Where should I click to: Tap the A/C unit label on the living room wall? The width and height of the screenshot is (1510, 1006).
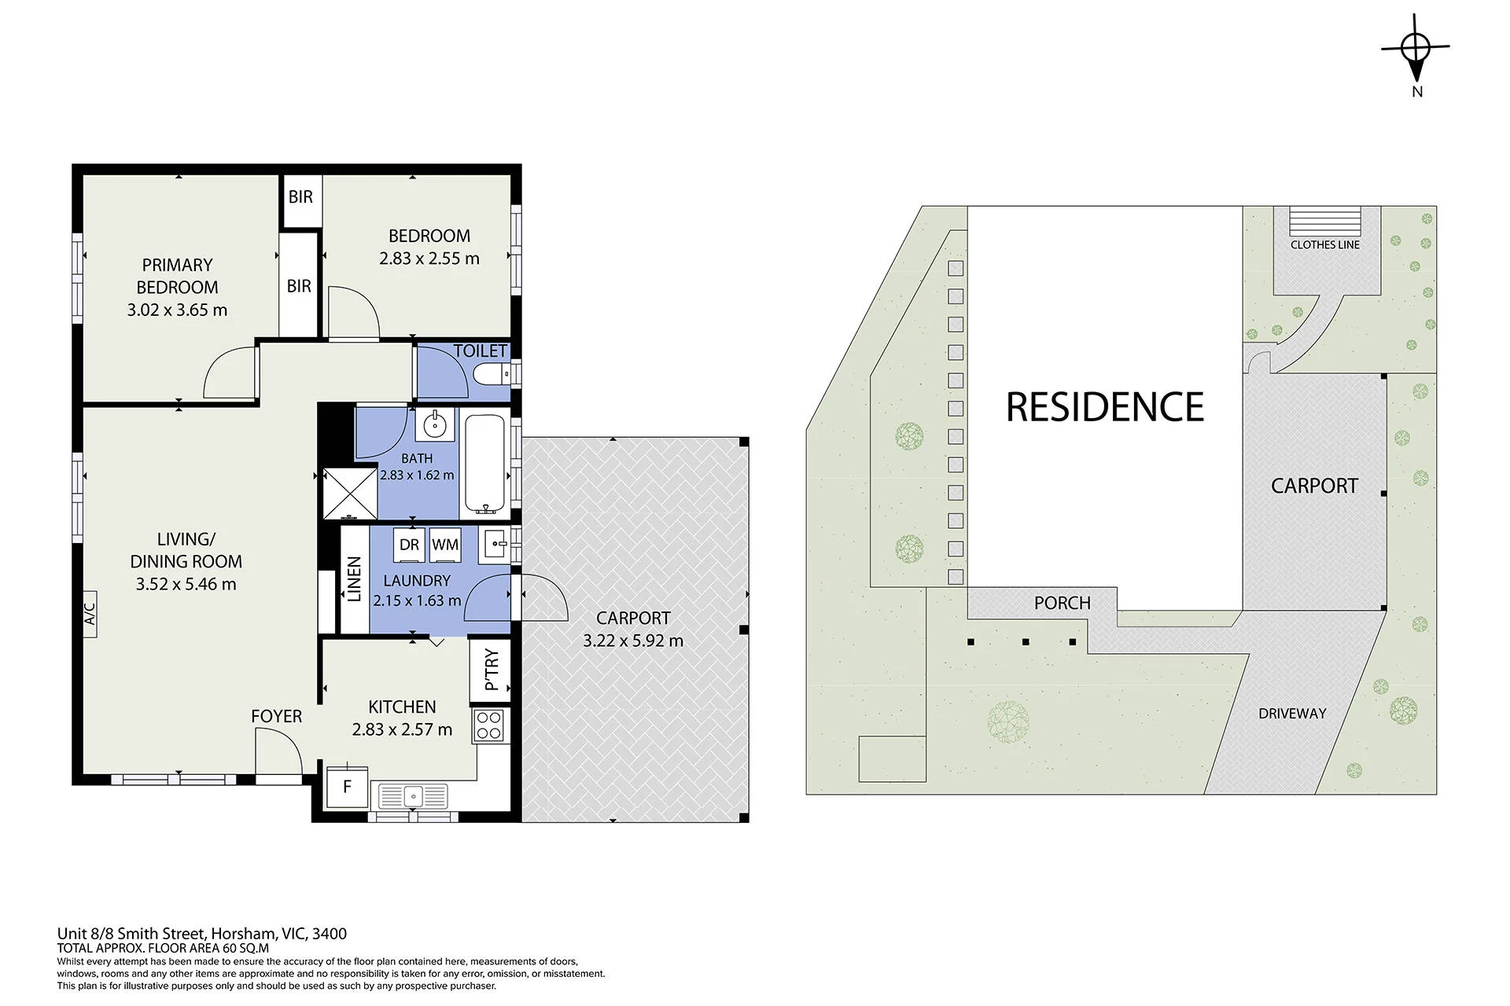pos(89,614)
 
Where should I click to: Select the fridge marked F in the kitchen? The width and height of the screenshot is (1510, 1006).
pos(347,786)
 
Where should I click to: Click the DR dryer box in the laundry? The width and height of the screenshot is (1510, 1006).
pos(409,545)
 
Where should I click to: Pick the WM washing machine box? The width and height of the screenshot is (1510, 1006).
pos(445,545)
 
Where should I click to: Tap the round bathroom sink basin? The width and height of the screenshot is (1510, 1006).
pos(434,425)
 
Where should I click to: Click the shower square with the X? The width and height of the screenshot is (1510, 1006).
pos(350,494)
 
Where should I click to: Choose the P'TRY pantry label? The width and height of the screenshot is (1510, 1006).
pos(491,670)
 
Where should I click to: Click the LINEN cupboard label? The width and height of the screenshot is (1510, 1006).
pos(354,579)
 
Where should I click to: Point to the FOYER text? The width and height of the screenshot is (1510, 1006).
pos(276,716)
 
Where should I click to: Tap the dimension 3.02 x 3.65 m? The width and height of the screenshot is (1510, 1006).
pos(177,310)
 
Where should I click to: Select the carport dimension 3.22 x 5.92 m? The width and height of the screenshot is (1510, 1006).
pos(633,641)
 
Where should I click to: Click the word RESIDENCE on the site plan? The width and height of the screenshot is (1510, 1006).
pos(1105,407)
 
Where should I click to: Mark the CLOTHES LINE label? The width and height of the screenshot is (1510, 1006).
pos(1325,244)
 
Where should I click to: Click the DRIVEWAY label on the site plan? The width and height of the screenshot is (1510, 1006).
pos(1292,714)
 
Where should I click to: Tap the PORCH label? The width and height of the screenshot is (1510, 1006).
pos(1063,603)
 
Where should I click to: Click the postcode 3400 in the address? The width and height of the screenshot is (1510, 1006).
pos(330,934)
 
